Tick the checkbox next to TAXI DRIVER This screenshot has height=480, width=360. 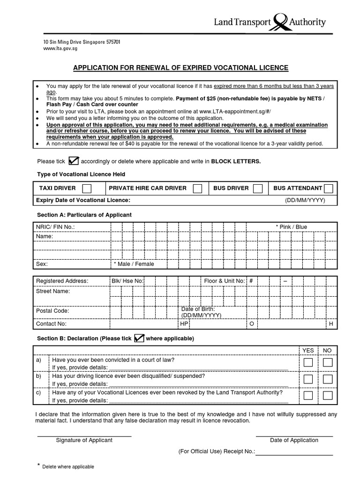(x=87, y=188)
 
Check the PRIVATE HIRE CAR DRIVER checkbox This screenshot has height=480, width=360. (x=198, y=188)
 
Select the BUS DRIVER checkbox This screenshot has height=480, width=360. (x=257, y=188)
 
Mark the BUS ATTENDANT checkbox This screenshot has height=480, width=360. (x=329, y=188)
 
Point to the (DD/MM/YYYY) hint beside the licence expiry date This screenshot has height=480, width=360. (x=305, y=200)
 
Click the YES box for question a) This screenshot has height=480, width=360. (x=308, y=362)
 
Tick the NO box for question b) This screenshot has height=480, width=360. (x=328, y=379)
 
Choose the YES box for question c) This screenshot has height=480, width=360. (x=308, y=395)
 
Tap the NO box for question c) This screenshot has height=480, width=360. (x=328, y=395)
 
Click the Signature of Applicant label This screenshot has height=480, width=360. (x=84, y=440)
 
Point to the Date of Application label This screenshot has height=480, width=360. (x=294, y=440)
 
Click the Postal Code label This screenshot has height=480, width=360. (x=52, y=311)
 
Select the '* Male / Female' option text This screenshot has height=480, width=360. (x=134, y=264)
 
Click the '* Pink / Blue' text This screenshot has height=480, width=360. (x=291, y=227)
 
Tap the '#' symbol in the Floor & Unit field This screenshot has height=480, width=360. (x=251, y=281)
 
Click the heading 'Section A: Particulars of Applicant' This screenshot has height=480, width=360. (x=84, y=215)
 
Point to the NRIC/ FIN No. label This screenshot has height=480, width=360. (x=55, y=227)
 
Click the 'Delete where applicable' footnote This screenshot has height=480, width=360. (x=68, y=467)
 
